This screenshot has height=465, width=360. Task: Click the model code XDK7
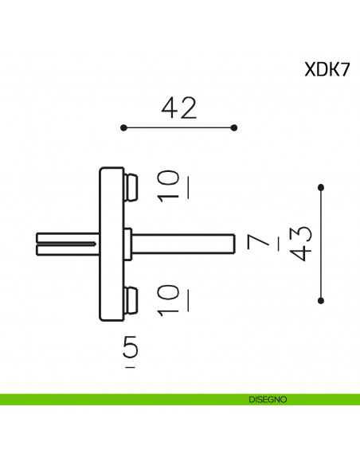coord(327,69)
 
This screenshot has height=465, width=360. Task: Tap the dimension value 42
coord(178,107)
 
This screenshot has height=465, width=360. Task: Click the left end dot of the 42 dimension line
coord(123,127)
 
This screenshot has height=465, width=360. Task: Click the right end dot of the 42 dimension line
coord(234,127)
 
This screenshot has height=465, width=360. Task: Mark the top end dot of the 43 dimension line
coord(321,187)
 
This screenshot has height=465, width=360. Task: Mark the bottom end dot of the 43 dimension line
coord(321,300)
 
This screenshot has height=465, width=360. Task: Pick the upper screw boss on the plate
coord(132,186)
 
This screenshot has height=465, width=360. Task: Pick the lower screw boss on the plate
coord(132,300)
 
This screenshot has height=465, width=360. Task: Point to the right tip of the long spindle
coord(232,243)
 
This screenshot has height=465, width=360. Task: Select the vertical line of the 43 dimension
coord(321,244)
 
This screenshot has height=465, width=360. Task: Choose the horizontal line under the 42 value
coord(178,127)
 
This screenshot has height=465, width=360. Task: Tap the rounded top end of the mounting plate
coord(111,170)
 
